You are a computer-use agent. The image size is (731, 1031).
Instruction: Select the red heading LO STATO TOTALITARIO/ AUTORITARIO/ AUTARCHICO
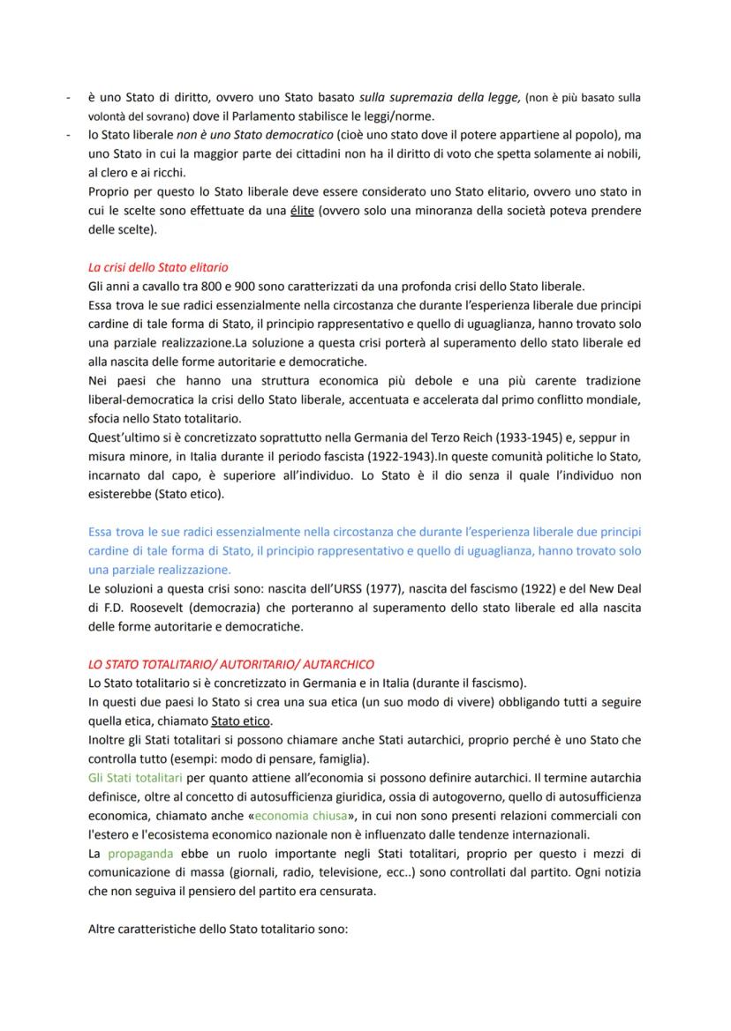(232, 662)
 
